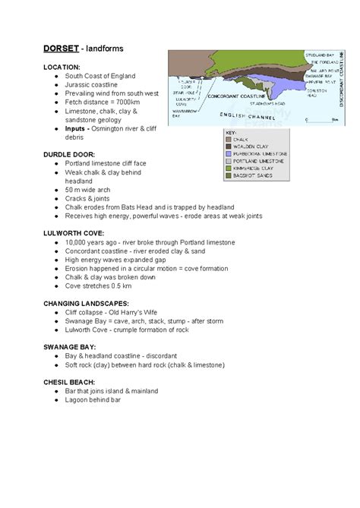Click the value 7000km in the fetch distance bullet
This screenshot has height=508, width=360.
pos(134,103)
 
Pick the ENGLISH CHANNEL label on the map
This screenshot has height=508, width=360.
pos(245,116)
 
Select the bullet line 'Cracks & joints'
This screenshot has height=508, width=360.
pos(91,198)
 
